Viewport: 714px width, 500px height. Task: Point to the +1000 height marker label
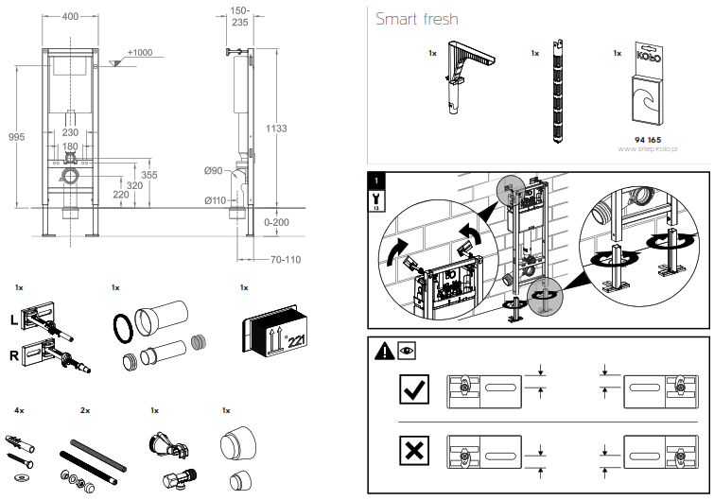(x=139, y=52)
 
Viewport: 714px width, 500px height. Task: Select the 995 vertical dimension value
(x=16, y=138)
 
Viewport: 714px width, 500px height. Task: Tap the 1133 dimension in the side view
(x=276, y=129)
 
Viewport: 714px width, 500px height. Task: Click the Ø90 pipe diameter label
(x=215, y=170)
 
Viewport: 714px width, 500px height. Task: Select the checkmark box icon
(x=414, y=388)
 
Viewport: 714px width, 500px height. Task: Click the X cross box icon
(x=414, y=453)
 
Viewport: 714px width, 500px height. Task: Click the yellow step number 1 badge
(x=378, y=179)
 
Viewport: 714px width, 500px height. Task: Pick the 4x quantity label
(x=19, y=411)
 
